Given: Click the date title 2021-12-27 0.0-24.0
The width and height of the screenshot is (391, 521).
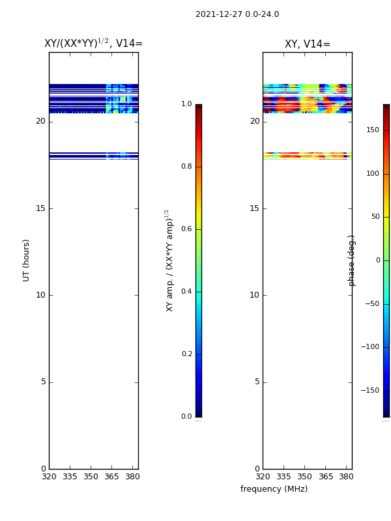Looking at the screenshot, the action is [x=237, y=14].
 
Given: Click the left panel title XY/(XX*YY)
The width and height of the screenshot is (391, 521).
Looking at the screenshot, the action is [x=76, y=43].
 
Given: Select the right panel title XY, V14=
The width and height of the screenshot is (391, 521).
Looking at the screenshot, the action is [x=308, y=44].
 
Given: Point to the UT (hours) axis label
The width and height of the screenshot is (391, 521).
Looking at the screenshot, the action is [x=26, y=260].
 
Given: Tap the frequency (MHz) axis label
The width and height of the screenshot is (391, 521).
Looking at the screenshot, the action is [x=274, y=489].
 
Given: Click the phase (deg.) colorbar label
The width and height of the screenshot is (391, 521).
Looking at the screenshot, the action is [x=351, y=260].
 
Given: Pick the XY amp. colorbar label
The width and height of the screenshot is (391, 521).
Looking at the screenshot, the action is [x=169, y=260].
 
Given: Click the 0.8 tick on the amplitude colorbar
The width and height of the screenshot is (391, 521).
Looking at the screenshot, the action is [x=186, y=167].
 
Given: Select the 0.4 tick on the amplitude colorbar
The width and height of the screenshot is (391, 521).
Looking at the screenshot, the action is [x=186, y=291].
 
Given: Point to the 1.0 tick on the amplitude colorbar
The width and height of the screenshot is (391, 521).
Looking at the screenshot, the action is [x=186, y=104].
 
